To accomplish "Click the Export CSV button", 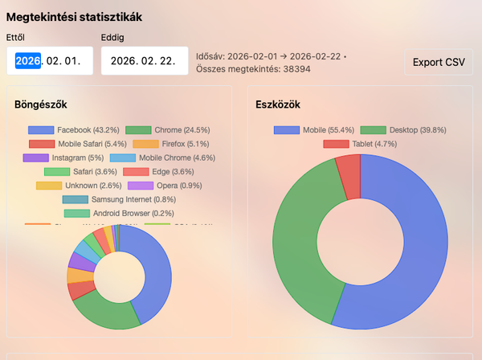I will (439, 62).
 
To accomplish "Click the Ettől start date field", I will (50, 61).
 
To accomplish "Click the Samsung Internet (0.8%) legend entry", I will (118, 199).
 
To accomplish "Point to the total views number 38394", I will (293, 69).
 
